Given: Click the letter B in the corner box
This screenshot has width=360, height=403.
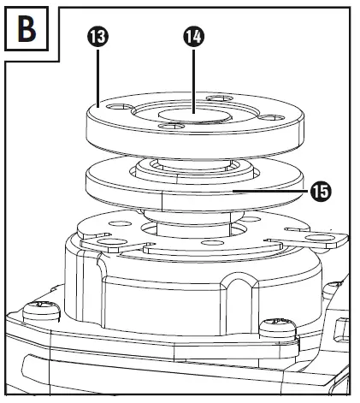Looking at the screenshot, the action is [27, 29].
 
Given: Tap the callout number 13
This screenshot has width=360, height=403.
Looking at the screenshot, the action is [97, 37].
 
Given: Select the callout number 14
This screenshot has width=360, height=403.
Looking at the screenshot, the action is [194, 37].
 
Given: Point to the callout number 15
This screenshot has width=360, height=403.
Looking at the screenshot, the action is [321, 192].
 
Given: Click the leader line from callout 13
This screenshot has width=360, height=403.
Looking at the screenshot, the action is [97, 78].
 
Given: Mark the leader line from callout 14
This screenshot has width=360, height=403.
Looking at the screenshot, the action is [194, 81].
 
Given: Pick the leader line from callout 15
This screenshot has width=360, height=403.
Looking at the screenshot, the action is [271, 191].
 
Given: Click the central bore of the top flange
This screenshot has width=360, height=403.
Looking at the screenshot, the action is [194, 116].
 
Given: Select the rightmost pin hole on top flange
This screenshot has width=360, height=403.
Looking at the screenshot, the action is [271, 118].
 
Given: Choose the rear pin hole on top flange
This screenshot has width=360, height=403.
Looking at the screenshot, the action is [220, 98].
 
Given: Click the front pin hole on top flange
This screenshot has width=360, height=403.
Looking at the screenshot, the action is [172, 126].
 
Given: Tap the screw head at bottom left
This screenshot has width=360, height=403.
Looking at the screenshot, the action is [41, 311].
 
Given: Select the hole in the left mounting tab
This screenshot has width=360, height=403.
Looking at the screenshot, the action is [112, 243].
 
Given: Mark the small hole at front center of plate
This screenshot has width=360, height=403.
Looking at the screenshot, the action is [212, 243].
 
